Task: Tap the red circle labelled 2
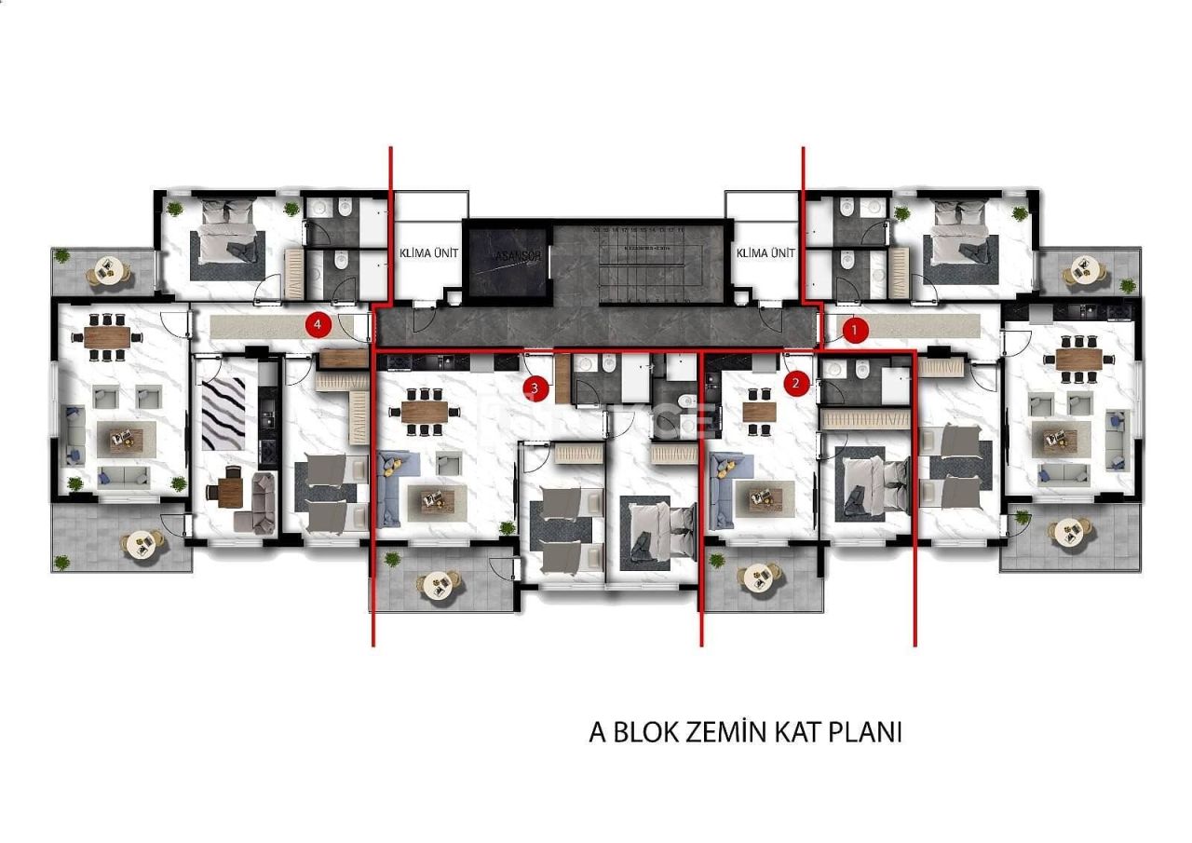pyautogui.click(x=795, y=382)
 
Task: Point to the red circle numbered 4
pyautogui.click(x=318, y=324)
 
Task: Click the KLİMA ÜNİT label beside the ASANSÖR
pyautogui.click(x=428, y=252)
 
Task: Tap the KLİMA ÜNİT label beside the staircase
pyautogui.click(x=765, y=252)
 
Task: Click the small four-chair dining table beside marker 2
pyautogui.click(x=760, y=412)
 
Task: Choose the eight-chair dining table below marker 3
pyautogui.click(x=429, y=411)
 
